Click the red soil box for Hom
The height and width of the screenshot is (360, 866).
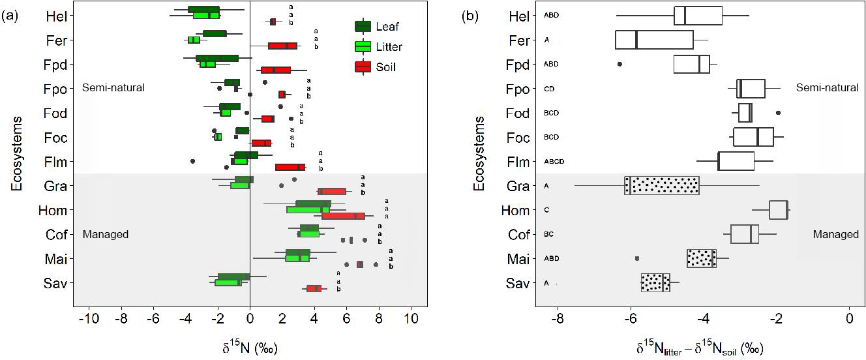point(343,215)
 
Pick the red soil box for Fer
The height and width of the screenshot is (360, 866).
point(282,46)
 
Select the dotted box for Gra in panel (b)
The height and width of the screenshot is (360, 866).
point(661,185)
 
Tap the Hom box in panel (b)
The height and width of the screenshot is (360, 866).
point(779,210)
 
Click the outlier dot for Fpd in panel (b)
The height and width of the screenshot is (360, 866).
point(620,64)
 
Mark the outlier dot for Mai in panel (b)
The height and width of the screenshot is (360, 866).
point(637,258)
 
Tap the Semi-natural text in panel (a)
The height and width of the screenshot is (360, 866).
point(113,87)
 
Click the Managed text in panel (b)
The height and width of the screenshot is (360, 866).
point(835,234)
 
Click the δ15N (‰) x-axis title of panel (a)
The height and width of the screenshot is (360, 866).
point(250,348)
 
